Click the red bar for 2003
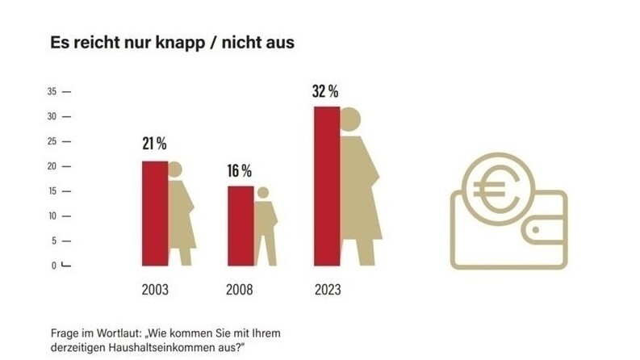(154, 213)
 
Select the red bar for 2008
(240, 225)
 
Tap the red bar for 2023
(326, 186)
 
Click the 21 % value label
(154, 145)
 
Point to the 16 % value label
(240, 171)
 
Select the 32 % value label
(326, 90)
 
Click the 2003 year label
(154, 289)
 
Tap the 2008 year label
(240, 289)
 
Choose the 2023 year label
(326, 289)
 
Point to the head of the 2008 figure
(262, 192)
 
